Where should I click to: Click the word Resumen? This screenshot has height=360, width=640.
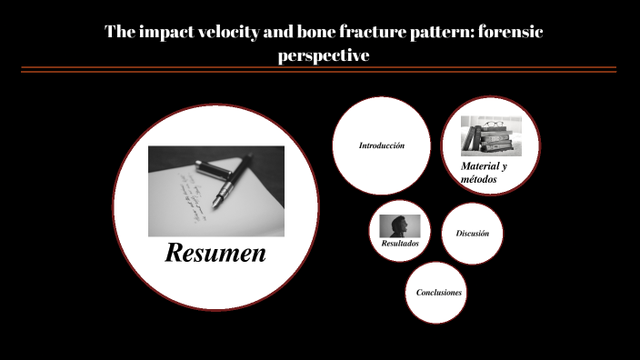coord(215,253)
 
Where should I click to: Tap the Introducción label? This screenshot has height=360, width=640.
coord(382,145)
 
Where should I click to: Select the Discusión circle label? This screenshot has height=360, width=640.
coord(473,234)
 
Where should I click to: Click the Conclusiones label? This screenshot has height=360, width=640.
coord(439,293)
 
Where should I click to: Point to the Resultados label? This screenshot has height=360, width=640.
coord(400,244)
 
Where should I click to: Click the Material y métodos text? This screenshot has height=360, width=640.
coord(483,173)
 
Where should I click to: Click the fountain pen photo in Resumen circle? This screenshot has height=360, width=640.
coord(215,191)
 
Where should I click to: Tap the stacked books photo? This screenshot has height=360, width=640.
coord(490,136)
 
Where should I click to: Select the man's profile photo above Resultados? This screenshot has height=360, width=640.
coord(400,225)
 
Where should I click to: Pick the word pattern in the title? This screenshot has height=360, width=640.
coord(431,33)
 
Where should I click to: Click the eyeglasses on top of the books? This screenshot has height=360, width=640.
coord(492,124)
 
